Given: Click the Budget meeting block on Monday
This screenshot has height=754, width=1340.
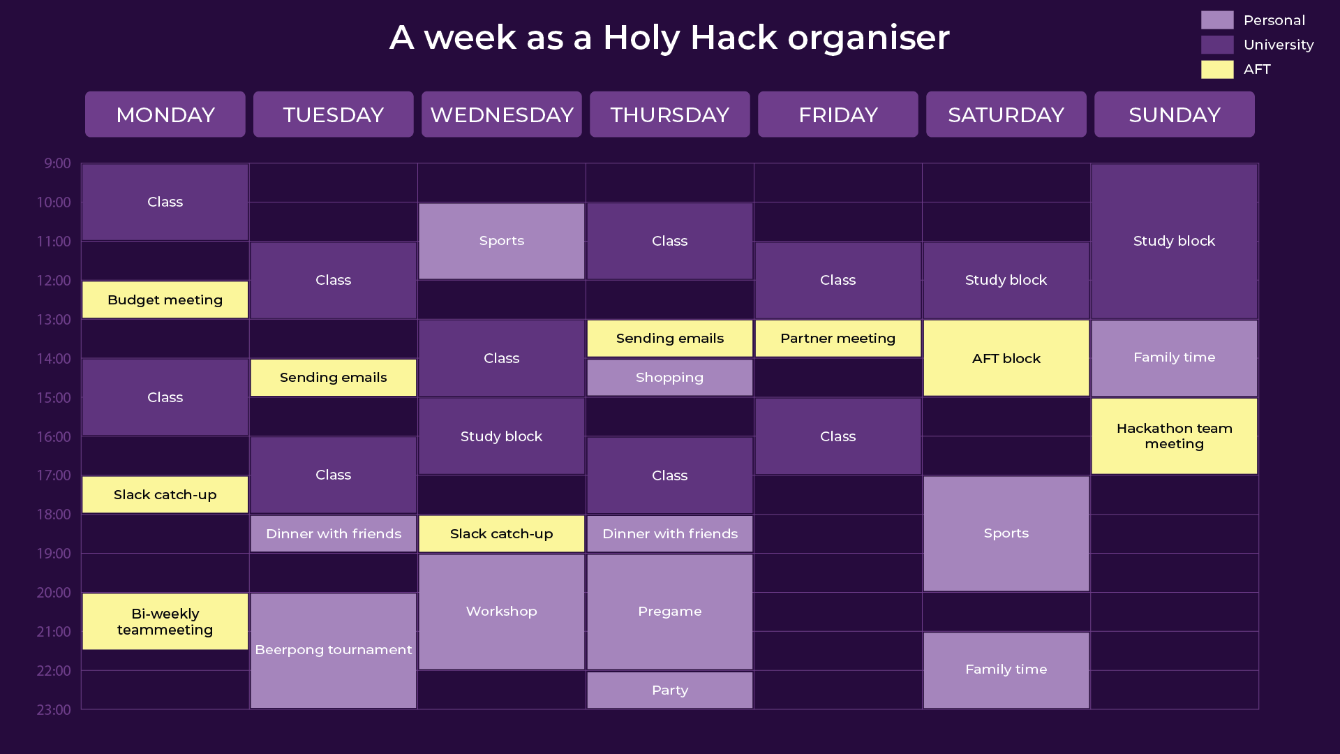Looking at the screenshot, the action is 165,300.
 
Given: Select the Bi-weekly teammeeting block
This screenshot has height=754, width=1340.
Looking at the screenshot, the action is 165,621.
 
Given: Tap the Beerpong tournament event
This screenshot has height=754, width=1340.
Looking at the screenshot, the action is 334,651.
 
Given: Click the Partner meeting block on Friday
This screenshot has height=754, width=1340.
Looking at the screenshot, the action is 838,339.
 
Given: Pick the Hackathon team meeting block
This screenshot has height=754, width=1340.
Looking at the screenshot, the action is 1175,436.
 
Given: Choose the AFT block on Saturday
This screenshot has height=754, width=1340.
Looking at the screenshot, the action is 1006,358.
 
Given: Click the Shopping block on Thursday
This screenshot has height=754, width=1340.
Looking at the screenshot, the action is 670,378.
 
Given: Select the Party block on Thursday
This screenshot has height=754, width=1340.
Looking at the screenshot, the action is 670,690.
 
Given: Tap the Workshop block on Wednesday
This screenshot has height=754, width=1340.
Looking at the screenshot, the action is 502,612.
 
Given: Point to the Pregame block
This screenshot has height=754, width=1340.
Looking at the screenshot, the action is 670,612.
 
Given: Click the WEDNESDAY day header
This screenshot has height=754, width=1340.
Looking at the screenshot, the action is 502,114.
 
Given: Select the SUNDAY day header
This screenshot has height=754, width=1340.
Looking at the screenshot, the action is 1175,114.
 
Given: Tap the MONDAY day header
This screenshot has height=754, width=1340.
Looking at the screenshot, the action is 165,114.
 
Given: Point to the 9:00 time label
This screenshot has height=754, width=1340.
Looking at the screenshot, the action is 57,163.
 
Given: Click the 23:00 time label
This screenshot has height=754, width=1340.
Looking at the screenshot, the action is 54,710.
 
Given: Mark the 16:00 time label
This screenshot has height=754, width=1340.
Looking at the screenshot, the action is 54,437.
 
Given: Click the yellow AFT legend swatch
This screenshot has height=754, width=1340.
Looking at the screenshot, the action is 1217,69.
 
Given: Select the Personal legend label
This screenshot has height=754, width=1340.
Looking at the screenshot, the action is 1274,20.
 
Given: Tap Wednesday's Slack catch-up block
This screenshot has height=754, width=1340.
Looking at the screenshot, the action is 502,534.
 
